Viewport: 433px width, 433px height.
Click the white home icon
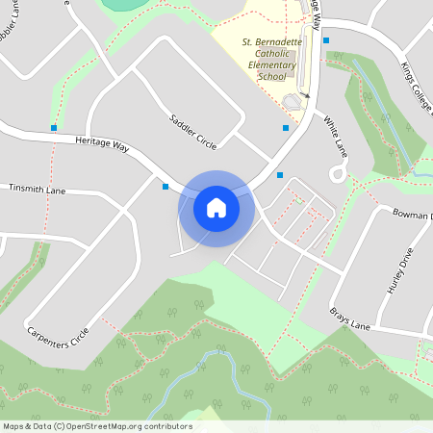click(x=216, y=208)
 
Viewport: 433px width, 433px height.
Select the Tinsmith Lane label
click(x=37, y=191)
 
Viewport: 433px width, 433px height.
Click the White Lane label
click(x=335, y=136)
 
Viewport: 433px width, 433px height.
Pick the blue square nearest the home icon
click(x=166, y=187)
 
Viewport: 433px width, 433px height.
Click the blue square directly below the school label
click(x=286, y=128)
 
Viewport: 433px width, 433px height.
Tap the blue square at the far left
click(x=54, y=127)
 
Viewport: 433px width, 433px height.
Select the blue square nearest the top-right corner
click(x=326, y=40)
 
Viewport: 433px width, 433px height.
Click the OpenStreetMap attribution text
click(x=96, y=426)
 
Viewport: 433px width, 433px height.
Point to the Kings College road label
click(x=417, y=87)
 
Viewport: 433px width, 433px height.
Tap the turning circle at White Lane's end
click(x=337, y=174)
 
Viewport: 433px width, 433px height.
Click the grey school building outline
click(x=293, y=101)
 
